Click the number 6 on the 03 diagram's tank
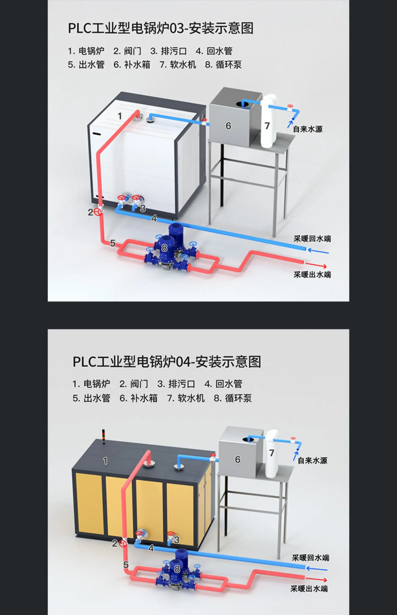[228, 126]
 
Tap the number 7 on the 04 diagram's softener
[272, 453]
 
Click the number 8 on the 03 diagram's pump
[164, 248]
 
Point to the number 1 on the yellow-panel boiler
[105, 461]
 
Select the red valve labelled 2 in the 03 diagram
[98, 212]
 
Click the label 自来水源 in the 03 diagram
[308, 129]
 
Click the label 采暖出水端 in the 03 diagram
[312, 275]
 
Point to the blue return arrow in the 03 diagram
[318, 251]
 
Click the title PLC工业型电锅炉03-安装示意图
[161, 28]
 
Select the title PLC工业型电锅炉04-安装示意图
[167, 362]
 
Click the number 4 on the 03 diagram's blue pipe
[154, 218]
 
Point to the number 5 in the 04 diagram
[126, 565]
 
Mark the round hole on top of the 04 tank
[248, 440]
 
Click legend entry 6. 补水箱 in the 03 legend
[132, 65]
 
